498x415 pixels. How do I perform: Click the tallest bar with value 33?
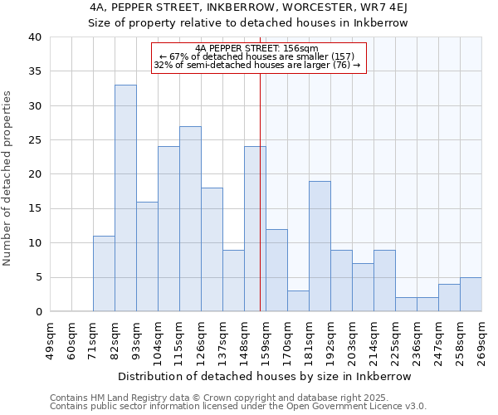coord(125,198)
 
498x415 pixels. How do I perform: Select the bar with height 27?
coord(190,219)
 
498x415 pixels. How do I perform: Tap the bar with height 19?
coord(320,247)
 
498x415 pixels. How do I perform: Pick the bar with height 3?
coord(298,301)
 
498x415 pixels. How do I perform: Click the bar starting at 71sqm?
coord(104,274)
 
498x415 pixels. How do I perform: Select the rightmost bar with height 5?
coord(471,295)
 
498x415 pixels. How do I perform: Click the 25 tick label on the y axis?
coord(35,140)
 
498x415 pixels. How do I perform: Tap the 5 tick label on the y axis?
coord(38,277)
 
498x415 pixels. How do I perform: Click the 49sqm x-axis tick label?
coord(51,340)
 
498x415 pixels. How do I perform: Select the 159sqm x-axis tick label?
coord(266,340)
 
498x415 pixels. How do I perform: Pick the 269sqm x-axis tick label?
coord(482,340)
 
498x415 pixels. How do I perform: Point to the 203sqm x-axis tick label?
coord(353,340)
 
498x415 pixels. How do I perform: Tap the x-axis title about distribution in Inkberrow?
coord(266,376)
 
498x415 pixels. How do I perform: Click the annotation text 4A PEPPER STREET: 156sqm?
coord(259,48)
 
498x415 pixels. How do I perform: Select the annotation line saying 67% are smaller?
coord(259,56)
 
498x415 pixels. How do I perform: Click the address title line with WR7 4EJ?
coord(249,7)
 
